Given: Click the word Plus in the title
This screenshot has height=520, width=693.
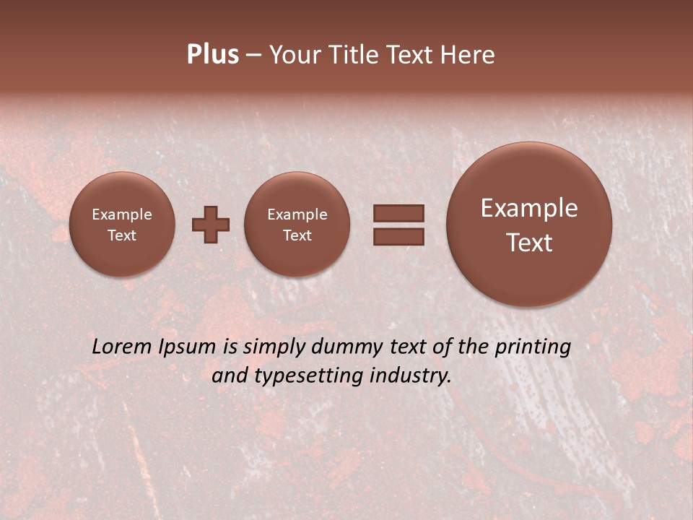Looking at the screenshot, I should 212,55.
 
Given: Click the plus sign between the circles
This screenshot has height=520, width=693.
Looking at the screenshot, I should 211,224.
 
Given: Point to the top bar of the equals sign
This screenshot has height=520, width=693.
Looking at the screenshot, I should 398,213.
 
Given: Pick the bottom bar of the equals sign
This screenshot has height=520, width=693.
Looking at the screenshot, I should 398,236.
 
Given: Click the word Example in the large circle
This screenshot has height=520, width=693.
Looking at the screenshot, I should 529,208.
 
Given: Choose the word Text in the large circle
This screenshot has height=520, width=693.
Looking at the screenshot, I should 529,243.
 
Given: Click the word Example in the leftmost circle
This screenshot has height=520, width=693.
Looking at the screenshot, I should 122,214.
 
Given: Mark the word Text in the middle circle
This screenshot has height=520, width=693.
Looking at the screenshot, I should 297,235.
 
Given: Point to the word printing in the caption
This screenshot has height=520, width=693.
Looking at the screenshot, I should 532,347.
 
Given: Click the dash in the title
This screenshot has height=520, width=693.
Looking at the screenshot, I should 253,56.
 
